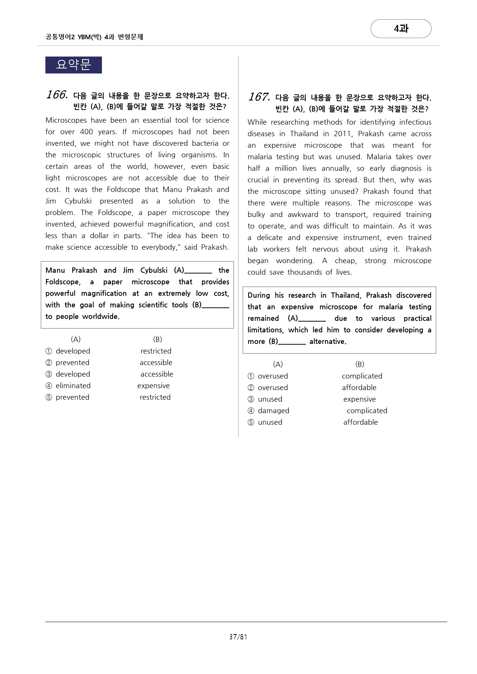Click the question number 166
[57, 95]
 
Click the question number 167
[259, 97]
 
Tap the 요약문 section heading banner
[73, 65]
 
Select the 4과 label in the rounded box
[401, 28]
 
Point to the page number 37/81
[238, 637]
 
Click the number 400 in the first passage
[86, 132]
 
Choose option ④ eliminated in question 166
[73, 385]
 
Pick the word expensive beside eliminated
[153, 385]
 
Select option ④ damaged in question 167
[274, 410]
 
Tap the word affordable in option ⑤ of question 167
[360, 422]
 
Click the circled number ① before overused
[251, 376]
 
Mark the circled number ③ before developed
[49, 374]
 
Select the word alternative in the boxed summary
[328, 341]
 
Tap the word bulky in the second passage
[256, 214]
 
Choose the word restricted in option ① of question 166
[156, 351]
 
